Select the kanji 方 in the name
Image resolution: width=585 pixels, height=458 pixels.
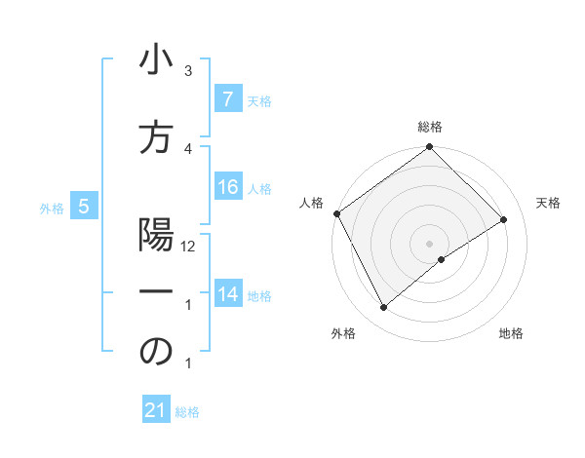tap(156, 140)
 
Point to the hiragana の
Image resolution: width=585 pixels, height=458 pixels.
tap(156, 353)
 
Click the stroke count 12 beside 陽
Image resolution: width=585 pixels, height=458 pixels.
tap(188, 247)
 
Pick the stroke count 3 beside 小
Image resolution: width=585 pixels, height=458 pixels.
tap(188, 71)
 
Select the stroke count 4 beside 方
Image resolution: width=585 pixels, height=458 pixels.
tap(188, 148)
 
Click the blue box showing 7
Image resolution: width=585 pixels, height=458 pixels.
tap(227, 99)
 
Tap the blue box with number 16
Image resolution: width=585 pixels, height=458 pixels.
tap(227, 187)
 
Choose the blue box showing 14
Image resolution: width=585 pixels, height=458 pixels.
tap(227, 294)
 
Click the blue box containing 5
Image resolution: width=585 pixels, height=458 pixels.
tap(84, 207)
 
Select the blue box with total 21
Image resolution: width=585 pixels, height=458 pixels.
tap(156, 411)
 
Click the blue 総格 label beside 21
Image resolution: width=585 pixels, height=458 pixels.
tap(187, 412)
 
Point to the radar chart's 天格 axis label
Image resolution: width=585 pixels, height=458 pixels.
tap(548, 203)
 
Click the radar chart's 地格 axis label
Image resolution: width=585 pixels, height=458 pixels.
tap(511, 333)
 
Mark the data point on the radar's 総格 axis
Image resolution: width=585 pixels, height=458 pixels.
tap(429, 147)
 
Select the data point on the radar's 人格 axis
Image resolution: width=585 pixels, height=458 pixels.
tap(336, 213)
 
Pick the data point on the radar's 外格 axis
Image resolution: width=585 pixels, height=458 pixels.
tap(383, 308)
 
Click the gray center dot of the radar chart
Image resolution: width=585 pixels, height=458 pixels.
tap(429, 243)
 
